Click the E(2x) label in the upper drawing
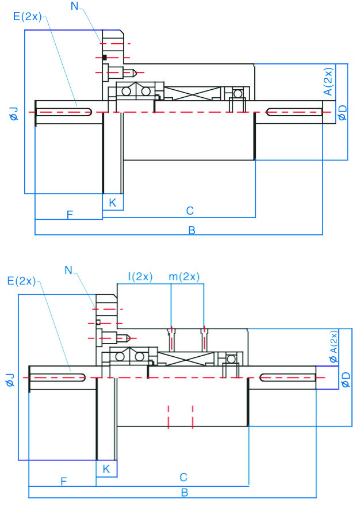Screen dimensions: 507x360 click(x=27, y=16)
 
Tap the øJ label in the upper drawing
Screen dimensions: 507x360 click(x=14, y=113)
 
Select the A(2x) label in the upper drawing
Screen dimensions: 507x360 click(x=328, y=82)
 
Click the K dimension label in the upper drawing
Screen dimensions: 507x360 click(x=112, y=202)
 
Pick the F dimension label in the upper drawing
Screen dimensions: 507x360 click(x=69, y=215)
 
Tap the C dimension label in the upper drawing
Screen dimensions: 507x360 click(x=189, y=211)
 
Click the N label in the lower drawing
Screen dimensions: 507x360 click(x=68, y=269)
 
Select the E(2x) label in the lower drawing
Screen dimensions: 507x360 click(x=21, y=281)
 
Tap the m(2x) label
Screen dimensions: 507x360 click(x=184, y=276)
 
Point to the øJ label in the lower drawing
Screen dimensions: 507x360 click(x=10, y=380)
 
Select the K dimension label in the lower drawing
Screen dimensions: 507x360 click(x=106, y=469)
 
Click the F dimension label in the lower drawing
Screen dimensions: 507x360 click(x=63, y=480)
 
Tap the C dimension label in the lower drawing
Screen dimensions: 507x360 click(x=183, y=477)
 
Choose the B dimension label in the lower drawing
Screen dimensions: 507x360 click(x=185, y=493)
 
